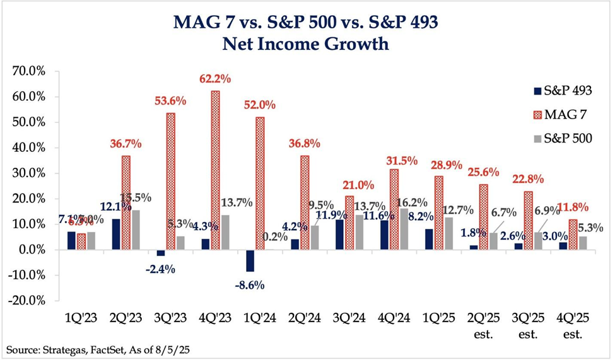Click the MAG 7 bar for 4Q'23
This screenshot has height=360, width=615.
[x=216, y=170]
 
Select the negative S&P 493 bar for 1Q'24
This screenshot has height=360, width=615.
[x=250, y=260]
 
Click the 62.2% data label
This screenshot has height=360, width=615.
[x=216, y=79]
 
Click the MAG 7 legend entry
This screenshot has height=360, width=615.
[x=556, y=114]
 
